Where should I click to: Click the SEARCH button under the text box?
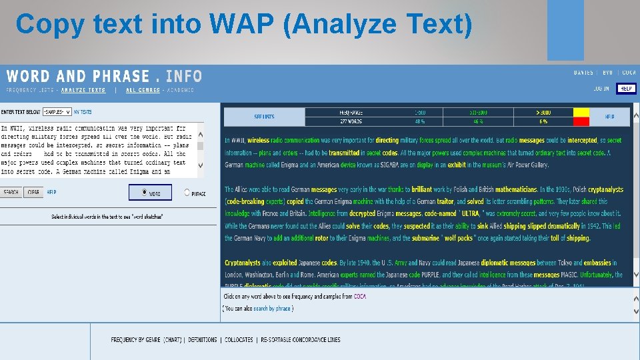tap(11, 193)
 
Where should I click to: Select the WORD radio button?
tap(145, 193)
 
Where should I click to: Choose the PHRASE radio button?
tap(187, 193)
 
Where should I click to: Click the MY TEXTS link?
tap(83, 112)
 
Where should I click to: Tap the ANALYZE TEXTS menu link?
tap(83, 90)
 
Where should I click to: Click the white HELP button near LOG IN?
tap(626, 89)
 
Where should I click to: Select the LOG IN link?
tap(601, 89)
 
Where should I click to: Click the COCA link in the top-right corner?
tap(629, 73)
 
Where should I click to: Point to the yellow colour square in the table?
tap(581, 113)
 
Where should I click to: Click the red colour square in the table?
tap(581, 121)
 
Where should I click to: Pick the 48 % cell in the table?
tap(419, 121)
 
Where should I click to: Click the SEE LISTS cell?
tap(264, 117)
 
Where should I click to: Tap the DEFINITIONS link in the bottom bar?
tap(203, 340)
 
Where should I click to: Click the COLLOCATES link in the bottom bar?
tap(239, 340)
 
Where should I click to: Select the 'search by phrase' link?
tap(272, 309)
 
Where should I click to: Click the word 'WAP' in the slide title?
tap(242, 25)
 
